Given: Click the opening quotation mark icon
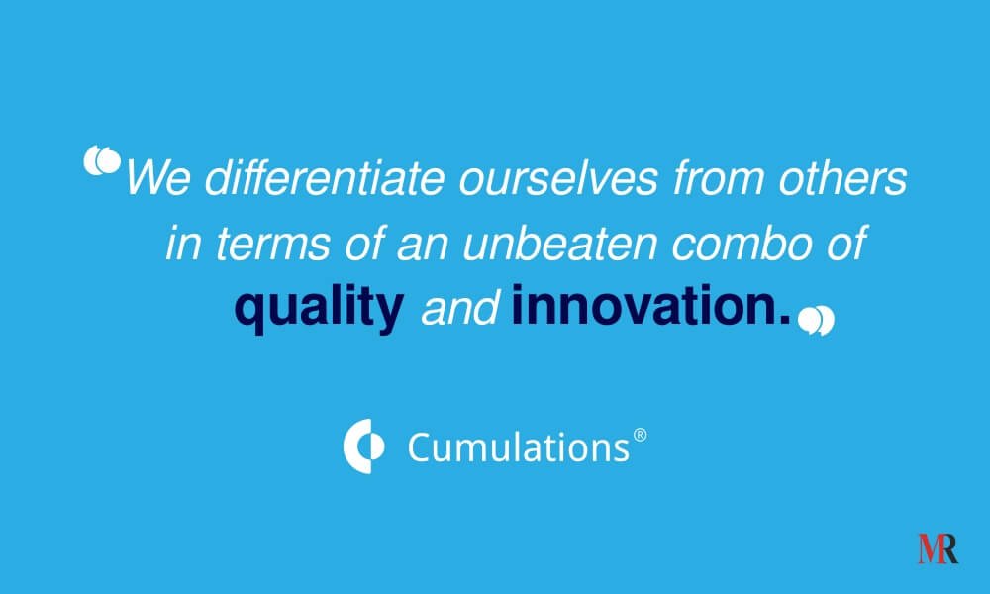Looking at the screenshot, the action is [x=102, y=160].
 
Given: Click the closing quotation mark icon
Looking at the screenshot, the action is [x=816, y=320].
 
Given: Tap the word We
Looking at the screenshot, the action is [x=157, y=178].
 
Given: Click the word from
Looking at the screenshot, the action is [x=719, y=177].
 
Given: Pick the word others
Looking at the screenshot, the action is [x=842, y=177].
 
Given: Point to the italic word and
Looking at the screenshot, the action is [x=460, y=308].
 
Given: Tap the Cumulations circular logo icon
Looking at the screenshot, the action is [x=363, y=445].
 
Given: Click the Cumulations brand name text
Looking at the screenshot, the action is [x=519, y=447].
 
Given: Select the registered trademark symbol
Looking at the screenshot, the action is [x=640, y=435].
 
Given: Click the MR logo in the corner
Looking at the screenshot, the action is [x=938, y=548].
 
